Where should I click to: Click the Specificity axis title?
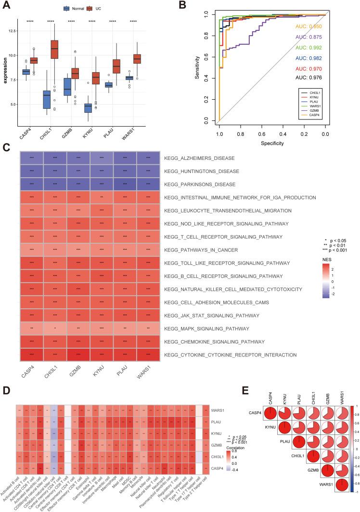[x=272, y=143]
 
